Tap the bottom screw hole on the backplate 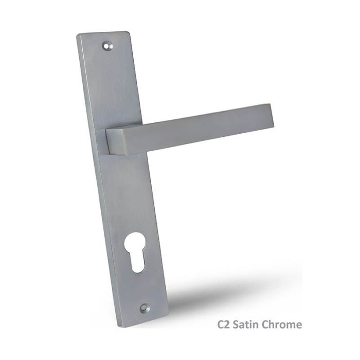(143, 308)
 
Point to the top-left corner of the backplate (78, 36)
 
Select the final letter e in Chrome (298, 326)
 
